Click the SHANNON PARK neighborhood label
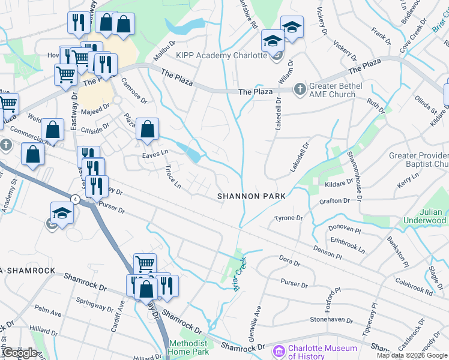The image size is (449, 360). coord(250,196)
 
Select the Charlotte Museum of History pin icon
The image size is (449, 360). coord(278,351)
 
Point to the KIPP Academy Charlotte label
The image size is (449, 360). coord(221,55)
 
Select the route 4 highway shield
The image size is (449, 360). coord(75,198)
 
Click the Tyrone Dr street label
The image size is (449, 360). coord(289,218)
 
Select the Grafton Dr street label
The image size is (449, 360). coord(334,201)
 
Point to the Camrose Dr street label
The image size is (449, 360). coord(134,88)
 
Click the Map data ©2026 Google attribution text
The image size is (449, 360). coord(411,355)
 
